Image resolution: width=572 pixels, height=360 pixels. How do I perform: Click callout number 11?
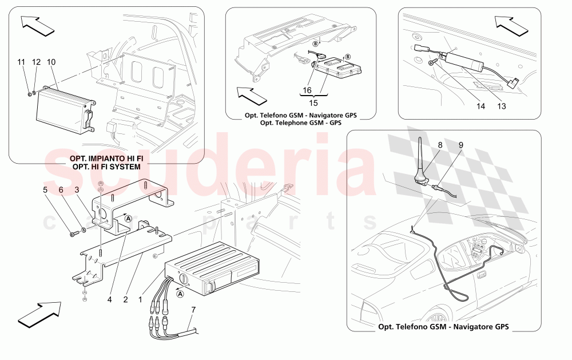click(x=21, y=61)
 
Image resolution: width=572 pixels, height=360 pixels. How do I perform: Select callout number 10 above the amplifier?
click(x=51, y=61)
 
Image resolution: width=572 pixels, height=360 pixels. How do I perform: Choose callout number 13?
click(x=502, y=105)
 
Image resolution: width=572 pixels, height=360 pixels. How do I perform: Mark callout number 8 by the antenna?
click(x=440, y=145)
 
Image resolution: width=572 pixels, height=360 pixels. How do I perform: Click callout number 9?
click(x=460, y=145)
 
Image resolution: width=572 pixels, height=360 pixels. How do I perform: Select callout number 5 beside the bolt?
click(x=45, y=189)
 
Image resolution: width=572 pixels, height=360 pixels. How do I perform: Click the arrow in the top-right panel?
click(x=511, y=24)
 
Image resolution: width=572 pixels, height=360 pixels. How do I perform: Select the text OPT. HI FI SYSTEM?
click(x=107, y=165)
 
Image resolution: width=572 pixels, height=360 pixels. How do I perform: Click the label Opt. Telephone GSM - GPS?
click(x=300, y=123)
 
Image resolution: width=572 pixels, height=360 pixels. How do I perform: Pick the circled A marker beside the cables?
click(x=180, y=294)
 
